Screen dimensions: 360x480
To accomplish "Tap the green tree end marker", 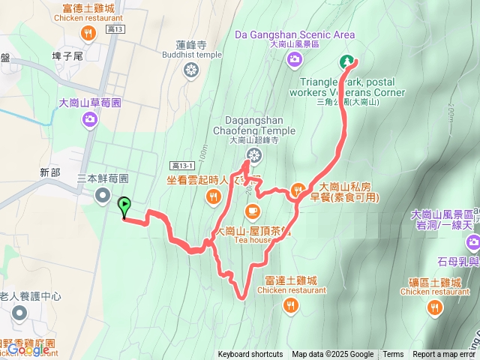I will (x=347, y=62).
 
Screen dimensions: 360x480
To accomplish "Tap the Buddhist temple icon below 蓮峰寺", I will (x=191, y=70).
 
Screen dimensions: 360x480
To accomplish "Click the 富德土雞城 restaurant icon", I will (x=89, y=33).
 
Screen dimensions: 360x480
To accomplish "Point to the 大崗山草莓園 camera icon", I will (x=89, y=118).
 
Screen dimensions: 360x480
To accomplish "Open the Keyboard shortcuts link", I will (x=250, y=355).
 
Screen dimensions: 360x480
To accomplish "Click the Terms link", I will (x=393, y=355).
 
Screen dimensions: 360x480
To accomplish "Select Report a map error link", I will (x=445, y=355).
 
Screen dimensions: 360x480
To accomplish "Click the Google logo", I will (x=28, y=349).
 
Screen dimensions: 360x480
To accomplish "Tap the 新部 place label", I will (x=50, y=172).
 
